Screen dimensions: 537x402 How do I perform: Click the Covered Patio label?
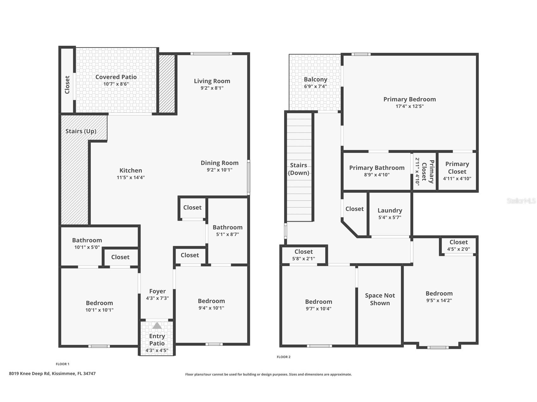click(x=116, y=77)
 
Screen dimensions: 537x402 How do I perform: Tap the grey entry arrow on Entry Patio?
click(x=157, y=326)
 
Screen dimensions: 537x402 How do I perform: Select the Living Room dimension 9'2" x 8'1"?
click(x=212, y=88)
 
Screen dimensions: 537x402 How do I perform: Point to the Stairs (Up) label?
click(x=81, y=131)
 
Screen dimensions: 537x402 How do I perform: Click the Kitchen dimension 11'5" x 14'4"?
click(x=131, y=177)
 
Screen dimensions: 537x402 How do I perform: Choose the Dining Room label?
click(x=220, y=163)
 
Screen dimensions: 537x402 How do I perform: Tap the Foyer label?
click(x=157, y=291)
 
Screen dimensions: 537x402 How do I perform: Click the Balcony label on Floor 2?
click(x=315, y=79)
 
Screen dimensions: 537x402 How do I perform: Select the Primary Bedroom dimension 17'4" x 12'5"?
click(x=409, y=106)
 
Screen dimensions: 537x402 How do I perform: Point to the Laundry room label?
click(x=390, y=210)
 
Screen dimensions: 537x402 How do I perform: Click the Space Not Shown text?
click(x=380, y=299)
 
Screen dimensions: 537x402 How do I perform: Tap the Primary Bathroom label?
click(x=377, y=168)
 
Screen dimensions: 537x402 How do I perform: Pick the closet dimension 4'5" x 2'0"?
click(x=459, y=249)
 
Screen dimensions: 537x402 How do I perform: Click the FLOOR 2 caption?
click(x=284, y=357)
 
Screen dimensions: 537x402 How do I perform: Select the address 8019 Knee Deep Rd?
click(x=29, y=374)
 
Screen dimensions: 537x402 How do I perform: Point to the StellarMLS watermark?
click(x=521, y=201)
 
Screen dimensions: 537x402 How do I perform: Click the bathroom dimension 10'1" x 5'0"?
click(x=87, y=247)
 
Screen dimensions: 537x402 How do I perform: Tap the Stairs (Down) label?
click(x=298, y=169)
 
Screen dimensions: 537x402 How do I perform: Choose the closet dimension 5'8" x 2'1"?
click(x=303, y=259)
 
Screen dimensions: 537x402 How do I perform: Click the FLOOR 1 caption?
click(x=62, y=364)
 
